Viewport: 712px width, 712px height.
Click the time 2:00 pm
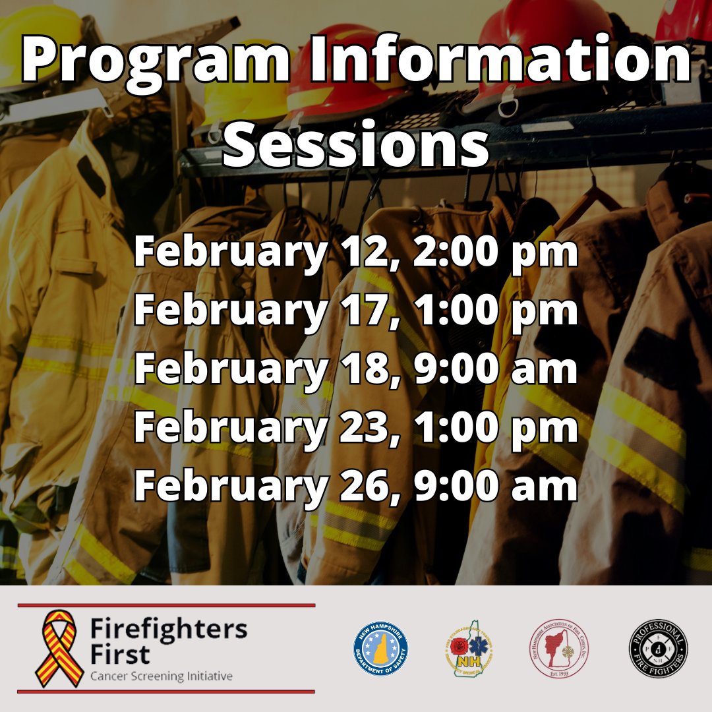pyautogui.click(x=488, y=253)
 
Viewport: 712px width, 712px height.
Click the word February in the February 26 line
pyautogui.click(x=230, y=485)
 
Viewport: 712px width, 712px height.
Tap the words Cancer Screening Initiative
pyautogui.click(x=161, y=676)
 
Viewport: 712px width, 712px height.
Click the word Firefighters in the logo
pyautogui.click(x=169, y=630)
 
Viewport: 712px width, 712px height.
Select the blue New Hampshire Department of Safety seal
pyautogui.click(x=380, y=649)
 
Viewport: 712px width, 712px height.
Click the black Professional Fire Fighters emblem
pyautogui.click(x=658, y=649)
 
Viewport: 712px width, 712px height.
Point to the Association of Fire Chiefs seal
pyautogui.click(x=560, y=649)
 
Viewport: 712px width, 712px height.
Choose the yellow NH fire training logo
pyautogui.click(x=469, y=649)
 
